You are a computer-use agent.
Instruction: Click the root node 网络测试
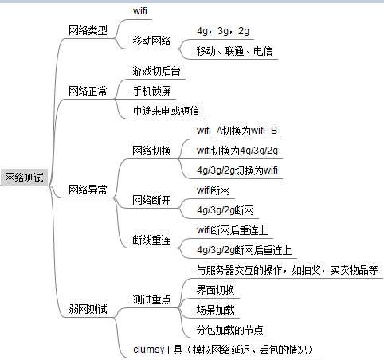24,178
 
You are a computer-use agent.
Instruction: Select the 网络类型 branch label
88,30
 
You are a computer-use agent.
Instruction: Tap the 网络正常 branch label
88,91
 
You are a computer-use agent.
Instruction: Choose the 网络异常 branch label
88,190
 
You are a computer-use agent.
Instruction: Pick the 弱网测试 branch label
88,309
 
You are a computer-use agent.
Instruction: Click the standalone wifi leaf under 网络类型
140,11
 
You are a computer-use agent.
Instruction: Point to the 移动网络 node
151,41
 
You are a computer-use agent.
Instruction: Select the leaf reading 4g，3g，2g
223,31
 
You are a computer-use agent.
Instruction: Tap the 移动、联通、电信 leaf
234,51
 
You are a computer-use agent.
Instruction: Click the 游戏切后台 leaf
156,71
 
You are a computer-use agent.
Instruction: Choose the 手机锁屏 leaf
151,91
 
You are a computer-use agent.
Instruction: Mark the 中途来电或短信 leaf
166,111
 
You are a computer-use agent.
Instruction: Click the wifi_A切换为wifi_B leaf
237,131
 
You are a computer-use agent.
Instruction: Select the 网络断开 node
151,200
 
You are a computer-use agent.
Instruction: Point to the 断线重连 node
151,240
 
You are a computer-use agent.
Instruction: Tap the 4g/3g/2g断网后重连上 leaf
244,250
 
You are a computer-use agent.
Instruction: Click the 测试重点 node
151,299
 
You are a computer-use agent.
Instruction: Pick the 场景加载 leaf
215,310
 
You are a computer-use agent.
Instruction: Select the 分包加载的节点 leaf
229,330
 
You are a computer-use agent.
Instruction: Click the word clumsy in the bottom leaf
148,350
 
